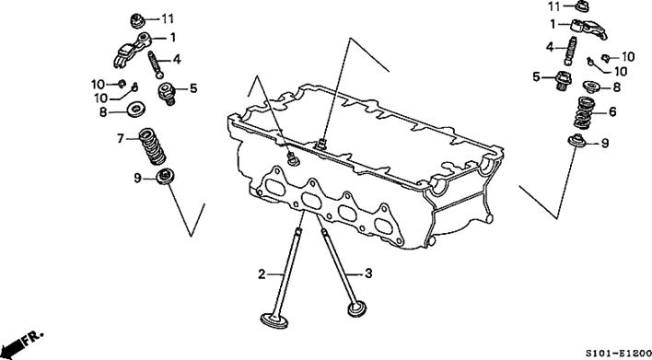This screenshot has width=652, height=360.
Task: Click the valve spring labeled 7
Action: tap(152, 146)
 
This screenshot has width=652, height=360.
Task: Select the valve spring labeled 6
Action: tap(584, 112)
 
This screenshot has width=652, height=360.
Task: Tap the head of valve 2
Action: tap(274, 320)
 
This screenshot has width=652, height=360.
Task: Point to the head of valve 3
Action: tap(357, 308)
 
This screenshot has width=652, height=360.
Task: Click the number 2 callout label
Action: tap(262, 274)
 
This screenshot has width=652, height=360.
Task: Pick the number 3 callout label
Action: tap(368, 273)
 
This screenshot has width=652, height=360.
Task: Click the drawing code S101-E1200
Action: tap(619, 353)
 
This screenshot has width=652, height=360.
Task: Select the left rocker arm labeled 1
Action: tap(132, 50)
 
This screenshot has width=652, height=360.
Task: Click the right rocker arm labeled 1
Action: tap(588, 29)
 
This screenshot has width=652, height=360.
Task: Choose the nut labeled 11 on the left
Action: tap(137, 20)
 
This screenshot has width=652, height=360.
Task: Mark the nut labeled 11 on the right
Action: tap(582, 6)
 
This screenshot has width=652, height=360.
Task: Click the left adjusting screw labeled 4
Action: tap(155, 64)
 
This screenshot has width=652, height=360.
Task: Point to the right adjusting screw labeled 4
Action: tap(571, 51)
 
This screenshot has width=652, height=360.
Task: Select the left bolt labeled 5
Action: tap(167, 94)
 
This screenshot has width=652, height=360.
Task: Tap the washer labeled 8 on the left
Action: tap(136, 110)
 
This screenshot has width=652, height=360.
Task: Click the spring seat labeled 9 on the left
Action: tap(165, 176)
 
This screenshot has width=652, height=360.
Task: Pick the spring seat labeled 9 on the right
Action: tap(577, 141)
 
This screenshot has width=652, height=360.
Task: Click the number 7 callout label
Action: tap(121, 138)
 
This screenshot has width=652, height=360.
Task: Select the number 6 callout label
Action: tap(612, 111)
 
